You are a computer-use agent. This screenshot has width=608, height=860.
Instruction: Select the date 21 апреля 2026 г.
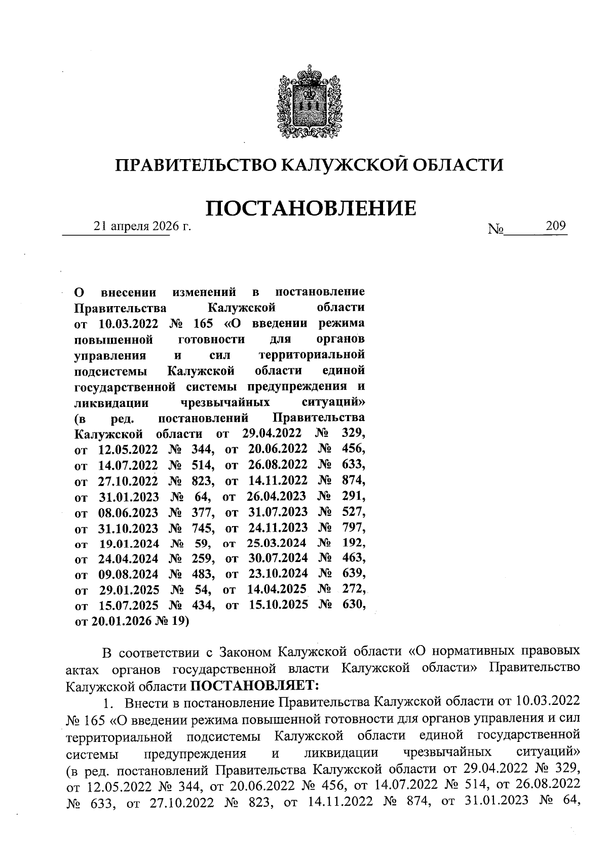[142, 227]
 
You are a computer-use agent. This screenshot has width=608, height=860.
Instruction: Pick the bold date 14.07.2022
[128, 464]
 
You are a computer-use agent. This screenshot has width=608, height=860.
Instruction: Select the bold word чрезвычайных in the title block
[225, 403]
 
